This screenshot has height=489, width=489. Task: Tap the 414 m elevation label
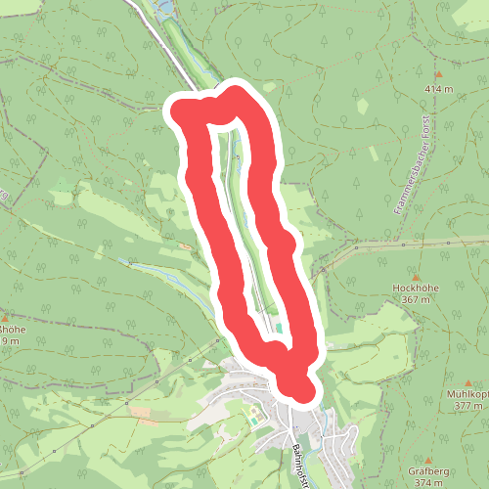pyautogui.click(x=439, y=89)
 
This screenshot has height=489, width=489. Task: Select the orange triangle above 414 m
pyautogui.click(x=439, y=75)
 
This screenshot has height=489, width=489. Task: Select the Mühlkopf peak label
pyautogui.click(x=467, y=394)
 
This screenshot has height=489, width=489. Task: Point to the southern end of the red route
pyautogui.click(x=302, y=391)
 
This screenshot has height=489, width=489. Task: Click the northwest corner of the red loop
pyautogui.click(x=182, y=110)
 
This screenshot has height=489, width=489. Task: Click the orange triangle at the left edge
pyautogui.click(x=5, y=318)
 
